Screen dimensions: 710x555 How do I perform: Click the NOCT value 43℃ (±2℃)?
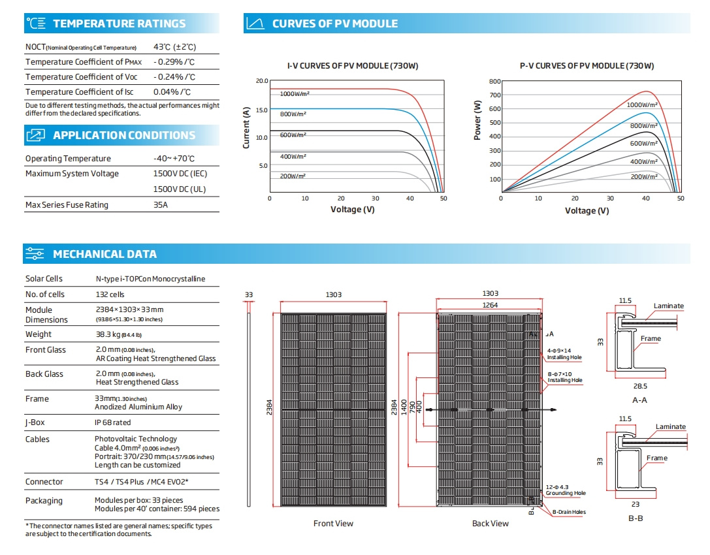coord(174,47)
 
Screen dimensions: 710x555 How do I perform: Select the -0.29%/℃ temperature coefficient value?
coord(174,62)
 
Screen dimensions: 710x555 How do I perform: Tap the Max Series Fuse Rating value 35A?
coord(160,204)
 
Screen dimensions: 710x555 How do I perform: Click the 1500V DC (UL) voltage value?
coord(180,189)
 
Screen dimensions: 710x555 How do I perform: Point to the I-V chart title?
coord(353,66)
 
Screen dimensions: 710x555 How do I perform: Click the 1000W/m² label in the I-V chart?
coord(295,94)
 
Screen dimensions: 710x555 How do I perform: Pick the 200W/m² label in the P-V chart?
coord(644,176)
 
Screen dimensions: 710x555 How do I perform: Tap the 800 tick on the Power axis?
coord(495,82)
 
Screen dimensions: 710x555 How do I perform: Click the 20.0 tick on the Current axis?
coord(262,81)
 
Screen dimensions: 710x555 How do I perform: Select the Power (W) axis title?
coord(477,120)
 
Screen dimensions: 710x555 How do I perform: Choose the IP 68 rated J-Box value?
coord(113,422)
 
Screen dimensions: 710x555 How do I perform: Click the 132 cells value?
coord(110,294)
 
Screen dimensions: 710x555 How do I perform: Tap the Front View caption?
coord(333,523)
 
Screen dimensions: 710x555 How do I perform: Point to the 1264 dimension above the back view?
coord(490,305)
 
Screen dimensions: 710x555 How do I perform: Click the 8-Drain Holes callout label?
coord(569,512)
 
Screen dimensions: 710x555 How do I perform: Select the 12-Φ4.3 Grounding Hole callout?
coord(566,490)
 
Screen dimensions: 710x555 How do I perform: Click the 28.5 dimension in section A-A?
coord(640,386)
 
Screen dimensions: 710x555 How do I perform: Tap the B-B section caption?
coord(636,518)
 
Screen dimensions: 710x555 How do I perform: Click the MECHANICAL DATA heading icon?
coord(35,253)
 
